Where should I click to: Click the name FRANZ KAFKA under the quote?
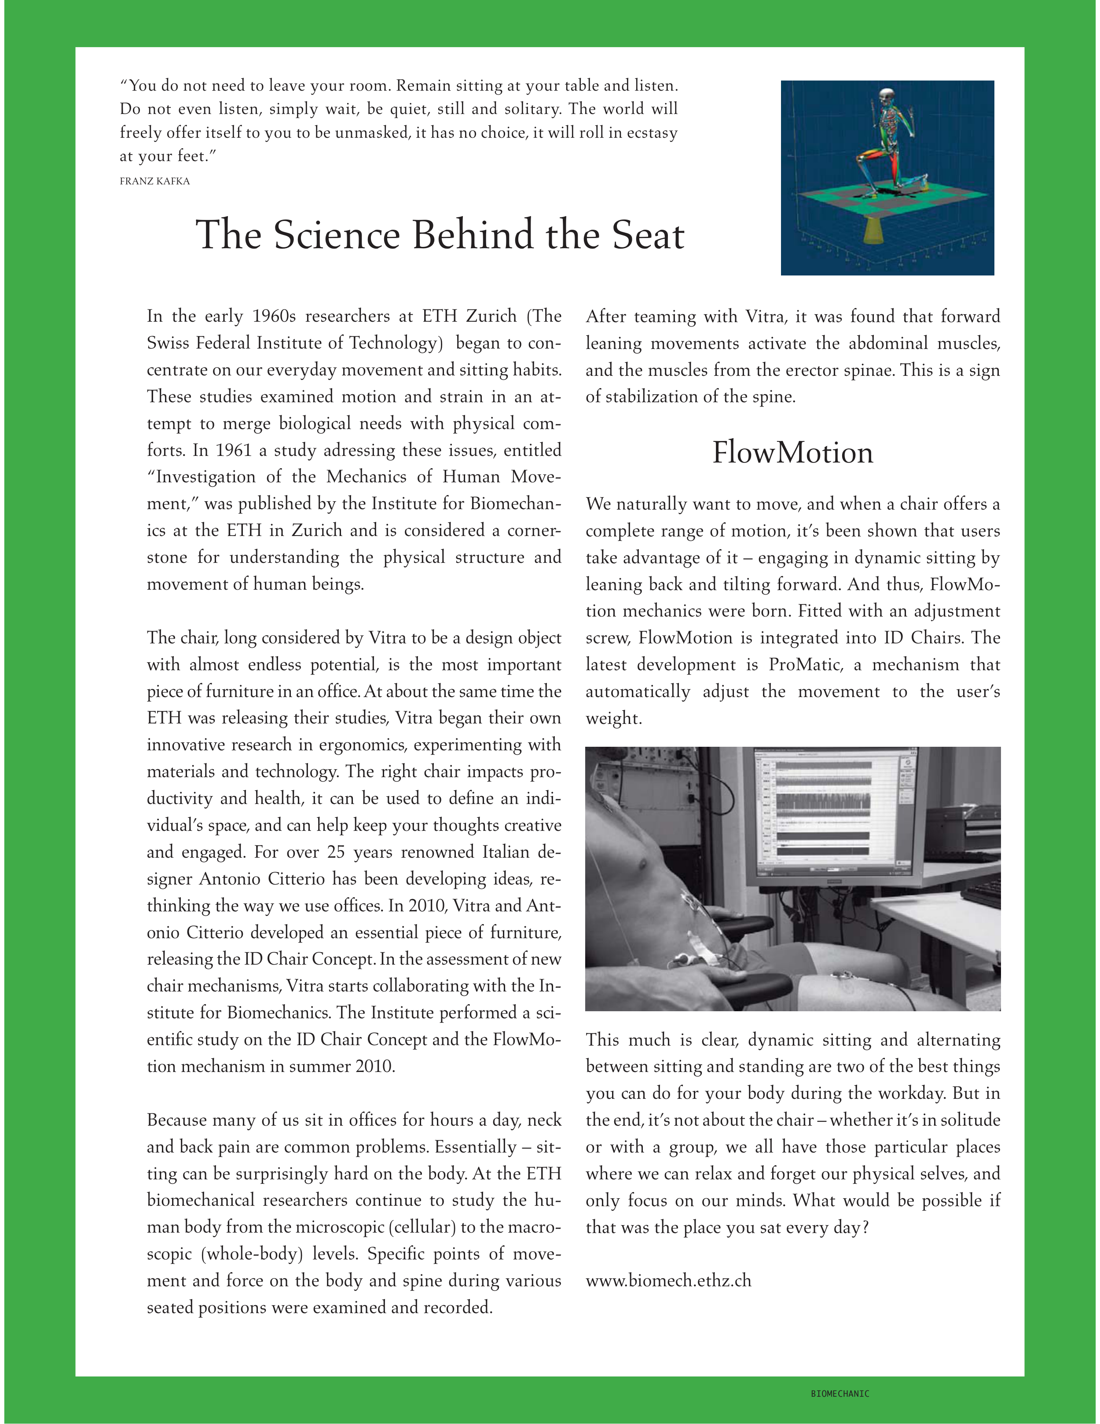click(154, 181)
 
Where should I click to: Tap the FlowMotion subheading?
click(792, 452)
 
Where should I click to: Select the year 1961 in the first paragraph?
click(233, 451)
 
